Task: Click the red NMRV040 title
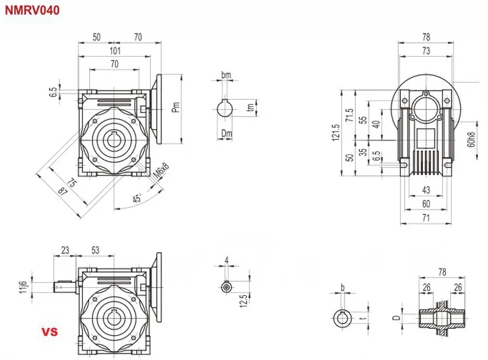32,10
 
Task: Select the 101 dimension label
115,50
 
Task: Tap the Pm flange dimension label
176,107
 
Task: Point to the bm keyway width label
226,75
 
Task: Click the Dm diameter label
227,133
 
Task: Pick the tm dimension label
250,108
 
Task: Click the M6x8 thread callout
162,171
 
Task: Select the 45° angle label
137,198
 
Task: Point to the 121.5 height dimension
336,133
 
